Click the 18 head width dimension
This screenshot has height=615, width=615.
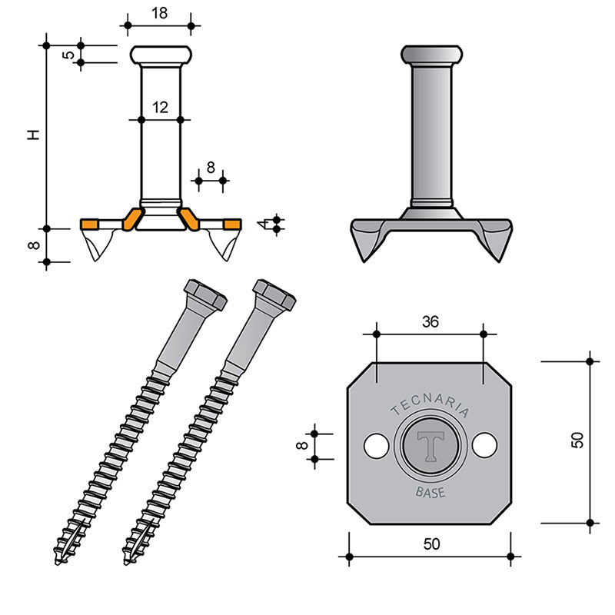coord(160,13)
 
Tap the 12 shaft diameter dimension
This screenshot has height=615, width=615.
coord(161,108)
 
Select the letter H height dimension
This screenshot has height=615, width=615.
coord(34,135)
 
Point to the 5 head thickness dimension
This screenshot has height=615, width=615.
coord(68,54)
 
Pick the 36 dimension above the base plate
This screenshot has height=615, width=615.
coord(430,322)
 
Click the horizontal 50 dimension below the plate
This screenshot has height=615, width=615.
coord(432,544)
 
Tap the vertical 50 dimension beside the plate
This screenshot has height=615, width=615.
coord(577,440)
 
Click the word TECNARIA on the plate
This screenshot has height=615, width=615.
coord(430,404)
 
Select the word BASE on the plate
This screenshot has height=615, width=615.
coord(430,492)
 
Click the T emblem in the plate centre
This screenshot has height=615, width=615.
coord(430,446)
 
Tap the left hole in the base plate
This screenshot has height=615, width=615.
coord(376,446)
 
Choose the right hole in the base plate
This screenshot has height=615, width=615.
coord(485,445)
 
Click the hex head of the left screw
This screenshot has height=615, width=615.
coord(205,294)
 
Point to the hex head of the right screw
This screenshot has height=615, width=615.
coord(274,294)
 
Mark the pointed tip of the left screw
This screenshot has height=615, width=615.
coord(57,563)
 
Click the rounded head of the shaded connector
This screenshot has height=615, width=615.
coord(431,54)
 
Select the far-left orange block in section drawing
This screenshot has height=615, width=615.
coord(89,224)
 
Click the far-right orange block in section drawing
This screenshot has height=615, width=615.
coord(233,224)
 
